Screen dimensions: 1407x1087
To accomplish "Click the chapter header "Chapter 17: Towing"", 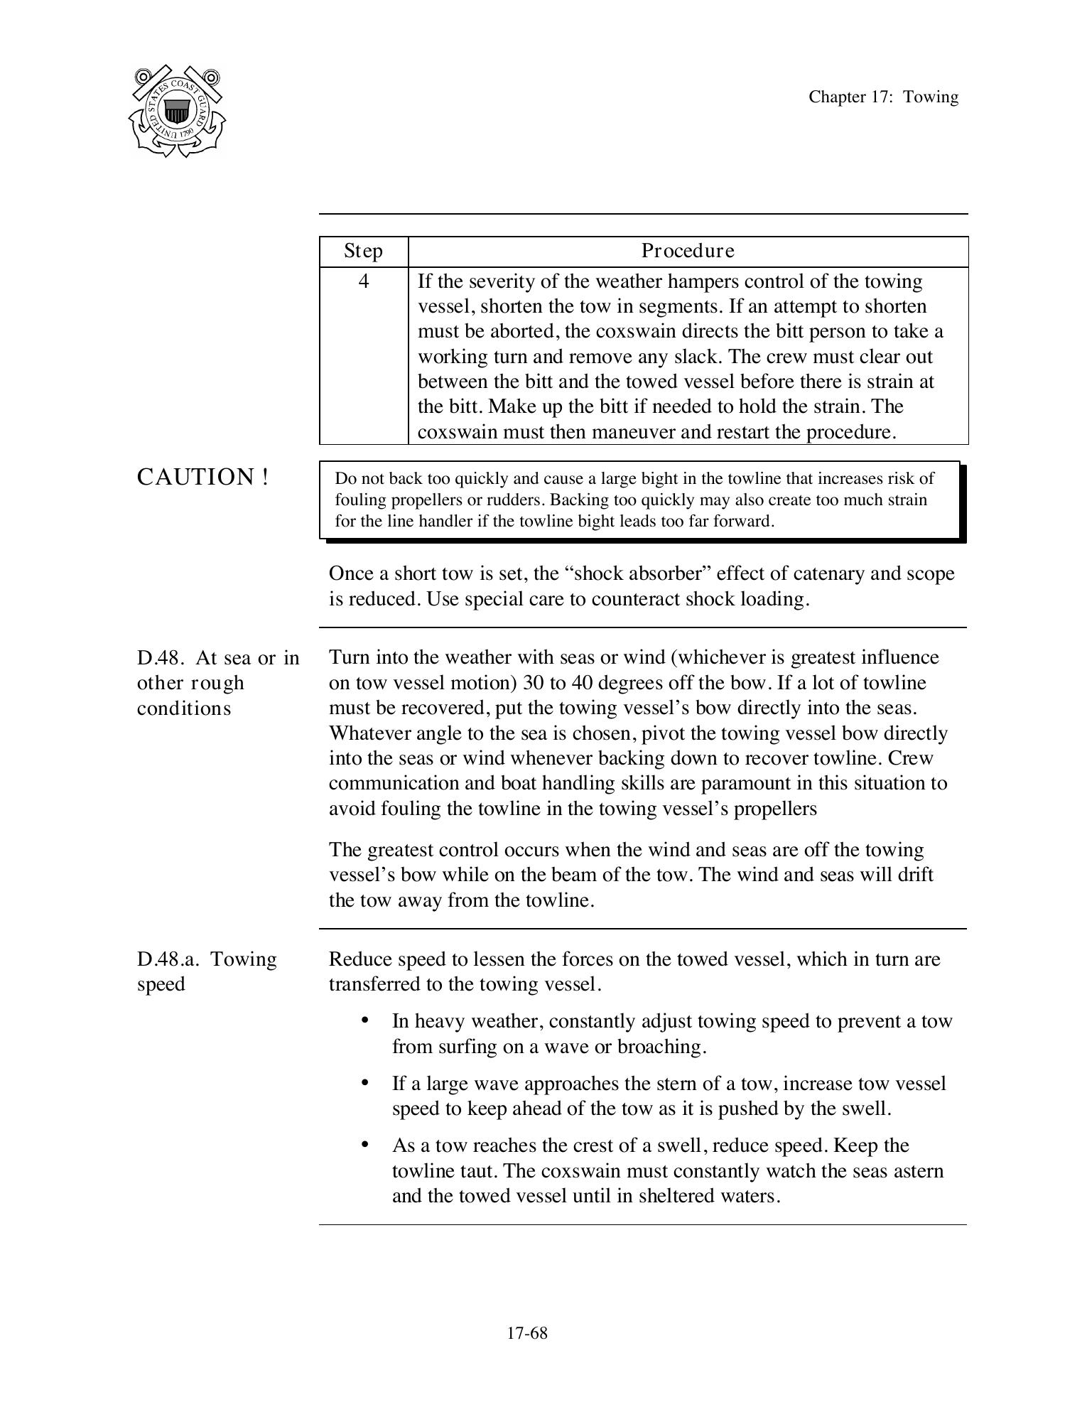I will tap(883, 97).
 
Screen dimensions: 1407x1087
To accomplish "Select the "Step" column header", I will tap(363, 251).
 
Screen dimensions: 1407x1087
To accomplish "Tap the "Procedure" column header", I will tap(688, 251).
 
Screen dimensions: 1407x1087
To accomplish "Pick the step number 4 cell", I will tap(364, 281).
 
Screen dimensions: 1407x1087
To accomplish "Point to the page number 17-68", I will tap(527, 1333).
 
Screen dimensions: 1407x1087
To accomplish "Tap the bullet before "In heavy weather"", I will tap(365, 1020).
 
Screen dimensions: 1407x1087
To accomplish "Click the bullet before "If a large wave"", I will tap(365, 1083).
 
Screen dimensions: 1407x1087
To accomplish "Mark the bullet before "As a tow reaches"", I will tap(365, 1145).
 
